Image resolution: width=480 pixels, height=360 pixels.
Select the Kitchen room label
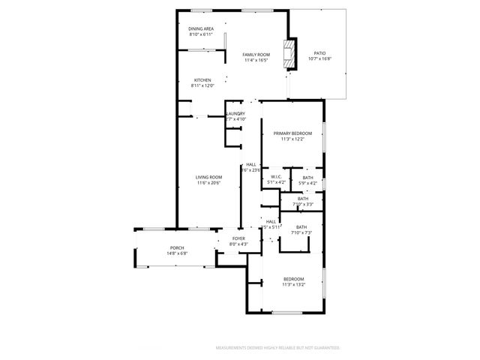click(x=202, y=80)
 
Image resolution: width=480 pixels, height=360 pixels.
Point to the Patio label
click(x=319, y=53)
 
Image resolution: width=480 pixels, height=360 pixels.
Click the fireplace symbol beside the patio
click(x=286, y=54)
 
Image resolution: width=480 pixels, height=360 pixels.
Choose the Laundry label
click(x=235, y=114)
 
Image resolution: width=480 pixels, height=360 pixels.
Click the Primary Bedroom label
click(x=292, y=133)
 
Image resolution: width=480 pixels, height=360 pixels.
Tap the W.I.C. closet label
click(x=276, y=177)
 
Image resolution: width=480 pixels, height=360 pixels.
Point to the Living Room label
click(x=209, y=177)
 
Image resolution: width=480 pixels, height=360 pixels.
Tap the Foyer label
click(x=238, y=239)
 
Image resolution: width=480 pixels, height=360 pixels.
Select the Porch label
click(x=177, y=248)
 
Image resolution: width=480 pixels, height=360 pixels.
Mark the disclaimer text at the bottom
click(x=278, y=348)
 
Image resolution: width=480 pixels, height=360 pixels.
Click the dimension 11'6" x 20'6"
click(x=209, y=183)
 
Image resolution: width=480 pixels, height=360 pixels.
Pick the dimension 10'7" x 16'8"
click(x=319, y=59)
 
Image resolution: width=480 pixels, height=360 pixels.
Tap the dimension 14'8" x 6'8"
click(x=177, y=254)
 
